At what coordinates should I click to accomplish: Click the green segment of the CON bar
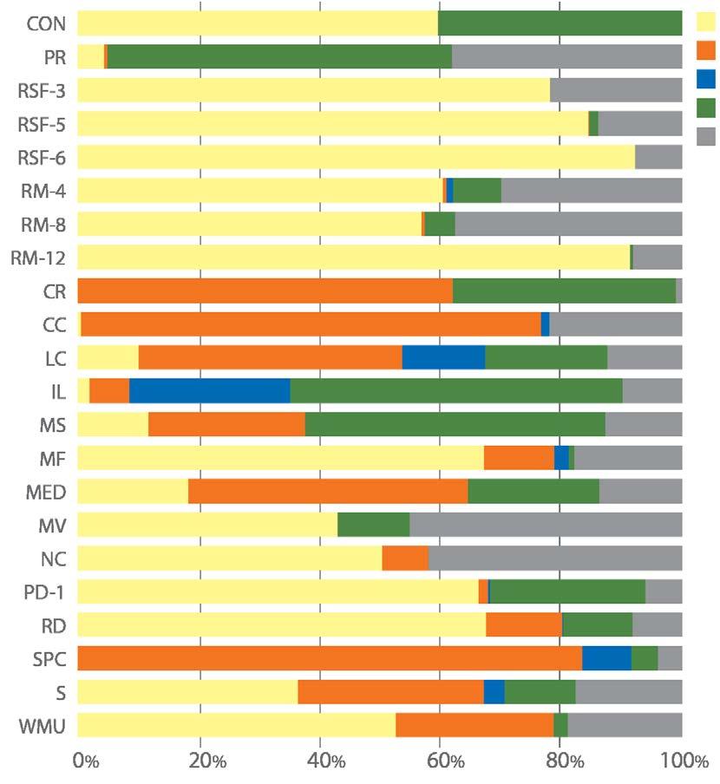(560, 23)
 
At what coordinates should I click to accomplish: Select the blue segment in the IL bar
(209, 391)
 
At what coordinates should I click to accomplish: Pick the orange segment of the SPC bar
(330, 658)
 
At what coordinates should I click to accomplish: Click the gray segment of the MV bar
(546, 525)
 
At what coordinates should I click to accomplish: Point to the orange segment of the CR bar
(265, 291)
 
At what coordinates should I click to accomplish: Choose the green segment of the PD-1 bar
(567, 591)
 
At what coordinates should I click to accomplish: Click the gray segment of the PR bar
(566, 56)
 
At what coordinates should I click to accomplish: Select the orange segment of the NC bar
(405, 558)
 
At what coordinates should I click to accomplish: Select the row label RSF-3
(42, 90)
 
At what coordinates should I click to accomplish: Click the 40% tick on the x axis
(320, 761)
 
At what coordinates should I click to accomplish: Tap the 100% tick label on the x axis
(683, 761)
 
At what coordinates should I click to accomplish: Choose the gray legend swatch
(706, 136)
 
